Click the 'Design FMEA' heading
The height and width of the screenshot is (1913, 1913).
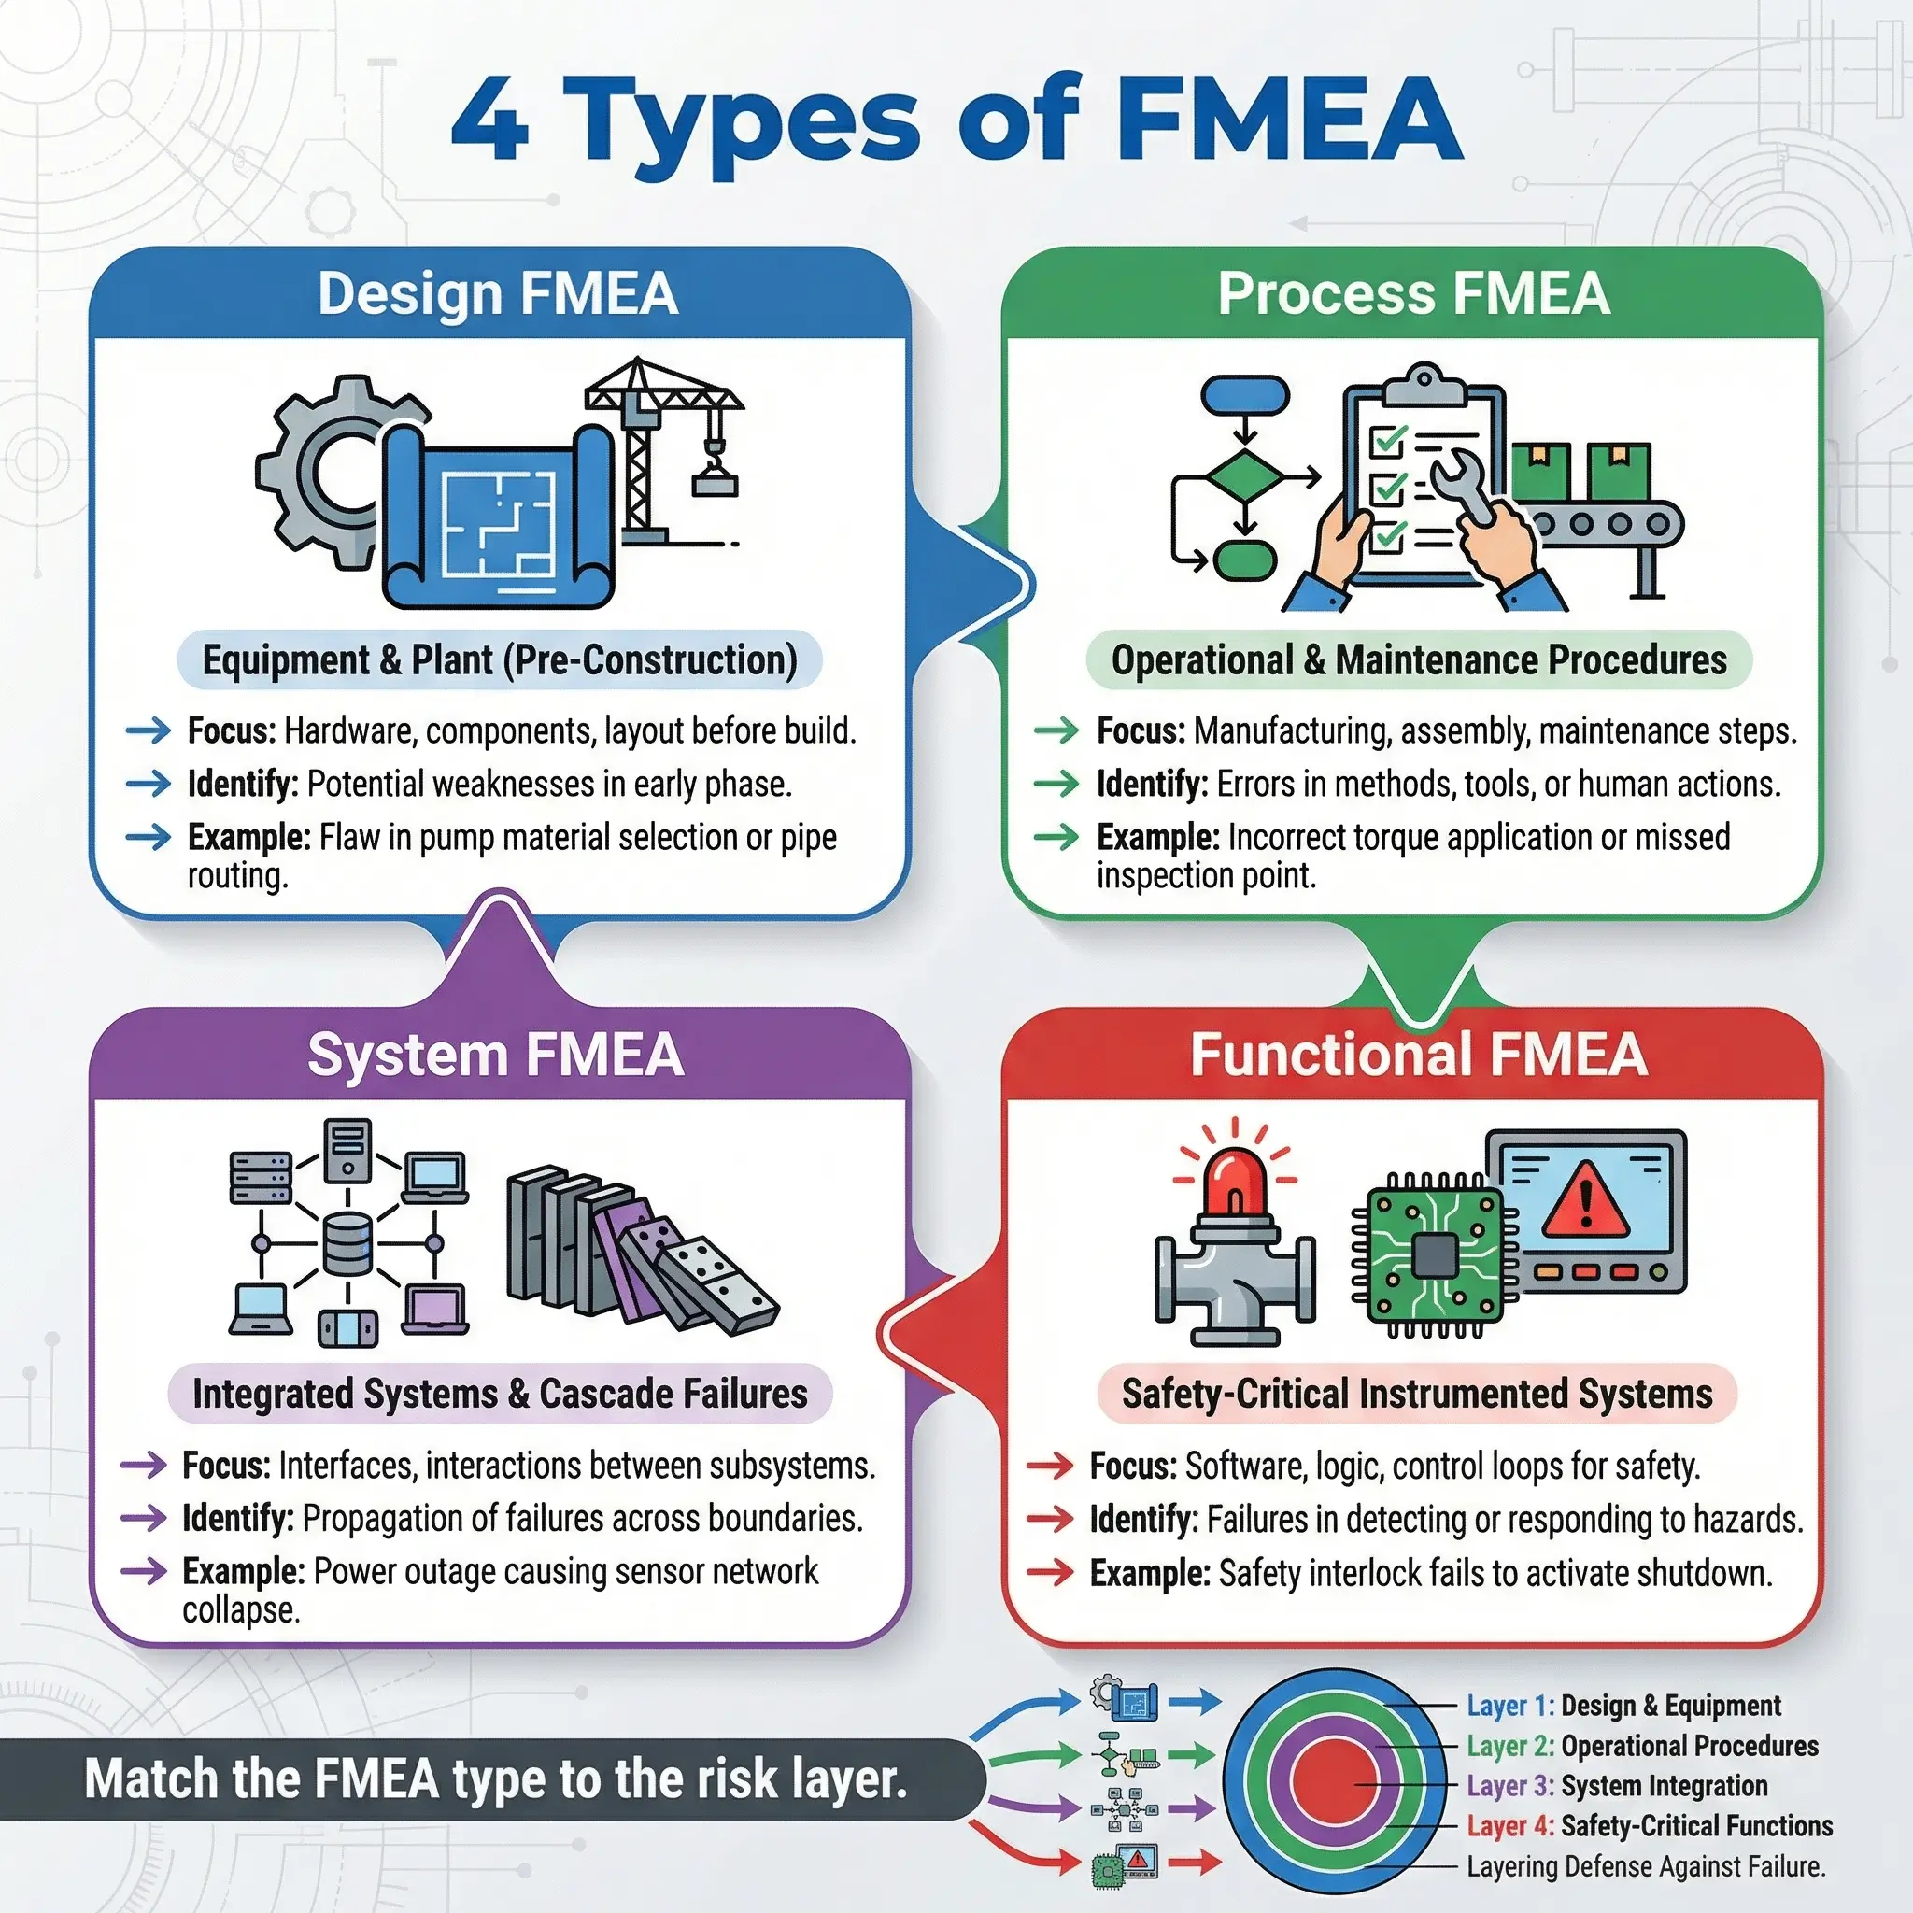[x=498, y=294]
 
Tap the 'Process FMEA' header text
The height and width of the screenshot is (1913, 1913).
[x=1414, y=294]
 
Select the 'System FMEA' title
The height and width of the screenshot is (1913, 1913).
[x=495, y=1055]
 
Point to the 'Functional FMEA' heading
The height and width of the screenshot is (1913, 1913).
[x=1418, y=1055]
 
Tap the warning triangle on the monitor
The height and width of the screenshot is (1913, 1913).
[x=1585, y=1201]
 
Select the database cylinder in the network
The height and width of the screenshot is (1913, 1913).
[x=347, y=1243]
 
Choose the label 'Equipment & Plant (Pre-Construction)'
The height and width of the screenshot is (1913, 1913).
[x=499, y=660]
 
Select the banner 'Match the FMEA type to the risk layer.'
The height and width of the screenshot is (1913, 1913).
[x=495, y=1779]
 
